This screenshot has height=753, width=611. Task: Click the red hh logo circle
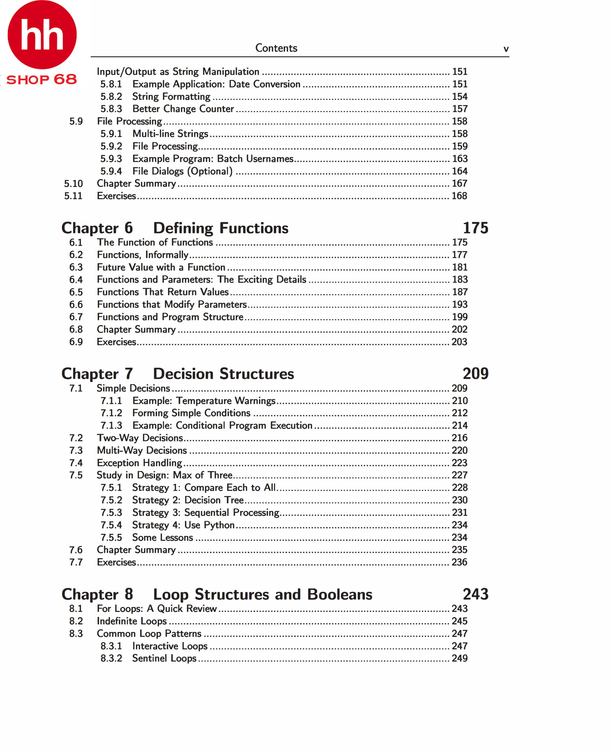(x=42, y=34)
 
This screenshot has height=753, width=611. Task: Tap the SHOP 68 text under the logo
(x=42, y=80)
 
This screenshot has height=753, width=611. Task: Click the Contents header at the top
(x=276, y=48)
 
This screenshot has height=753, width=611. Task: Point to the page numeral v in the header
(x=506, y=49)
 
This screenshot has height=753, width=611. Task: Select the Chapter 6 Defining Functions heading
(x=175, y=228)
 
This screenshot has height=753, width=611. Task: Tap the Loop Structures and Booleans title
(x=263, y=594)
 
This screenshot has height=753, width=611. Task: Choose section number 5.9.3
(x=111, y=159)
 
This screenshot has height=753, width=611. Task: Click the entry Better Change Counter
(x=183, y=109)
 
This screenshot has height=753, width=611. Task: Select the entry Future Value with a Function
(x=161, y=267)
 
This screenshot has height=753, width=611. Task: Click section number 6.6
(x=76, y=304)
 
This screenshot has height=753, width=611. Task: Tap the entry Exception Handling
(x=139, y=463)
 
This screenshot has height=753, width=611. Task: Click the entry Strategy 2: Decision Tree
(x=188, y=500)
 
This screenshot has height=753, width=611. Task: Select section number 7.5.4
(x=111, y=525)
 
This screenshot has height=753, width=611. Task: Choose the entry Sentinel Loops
(x=164, y=658)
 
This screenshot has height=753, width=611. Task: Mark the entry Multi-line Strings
(x=170, y=134)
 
